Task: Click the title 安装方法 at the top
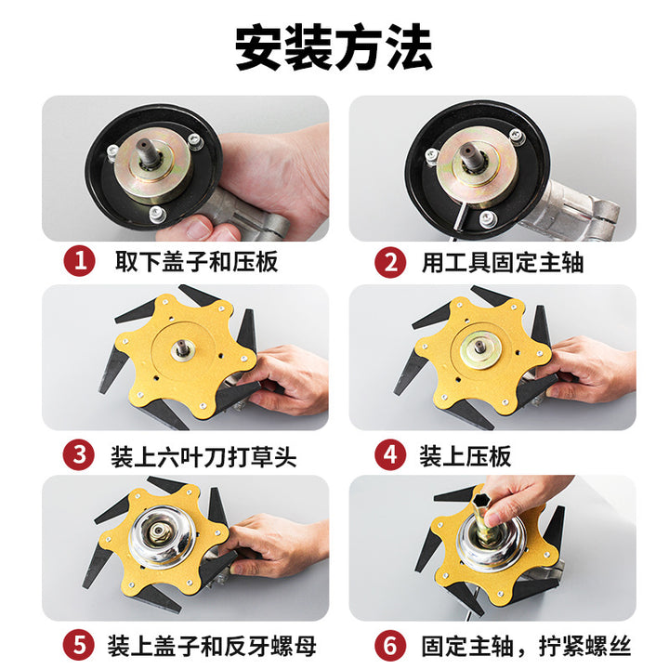pyautogui.click(x=334, y=47)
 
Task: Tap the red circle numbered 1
pyautogui.click(x=79, y=261)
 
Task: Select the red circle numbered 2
pyautogui.click(x=390, y=262)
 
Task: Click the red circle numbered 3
pyautogui.click(x=79, y=454)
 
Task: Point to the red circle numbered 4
pyautogui.click(x=390, y=454)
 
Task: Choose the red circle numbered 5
pyautogui.click(x=79, y=645)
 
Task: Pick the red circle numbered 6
pyautogui.click(x=390, y=645)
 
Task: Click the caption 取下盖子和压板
pyautogui.click(x=197, y=261)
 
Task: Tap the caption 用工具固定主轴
pyautogui.click(x=503, y=262)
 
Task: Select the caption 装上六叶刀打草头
pyautogui.click(x=203, y=456)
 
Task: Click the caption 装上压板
pyautogui.click(x=466, y=455)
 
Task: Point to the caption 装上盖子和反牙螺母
pyautogui.click(x=212, y=646)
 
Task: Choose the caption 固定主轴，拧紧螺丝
pyautogui.click(x=526, y=646)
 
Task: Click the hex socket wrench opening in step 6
pyautogui.click(x=482, y=499)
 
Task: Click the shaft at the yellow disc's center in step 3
pyautogui.click(x=183, y=348)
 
